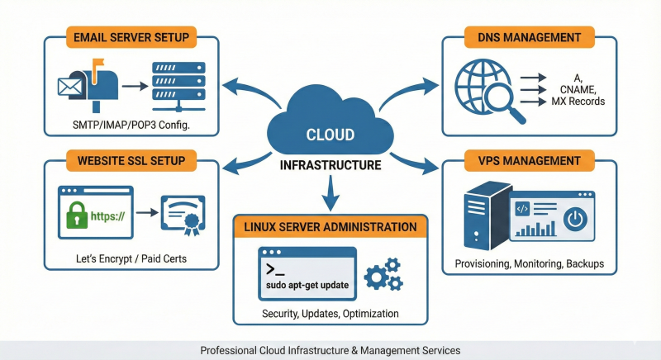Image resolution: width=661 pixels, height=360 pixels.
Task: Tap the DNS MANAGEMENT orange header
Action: pos(530,37)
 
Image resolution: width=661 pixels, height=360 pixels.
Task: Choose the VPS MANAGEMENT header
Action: pos(530,159)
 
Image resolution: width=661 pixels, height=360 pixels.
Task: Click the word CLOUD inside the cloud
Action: pos(330,135)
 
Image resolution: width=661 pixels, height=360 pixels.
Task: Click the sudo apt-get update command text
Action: pos(307,284)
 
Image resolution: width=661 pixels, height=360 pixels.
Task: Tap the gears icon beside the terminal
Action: pos(383,275)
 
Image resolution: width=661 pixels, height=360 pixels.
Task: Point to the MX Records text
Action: pos(567,102)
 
